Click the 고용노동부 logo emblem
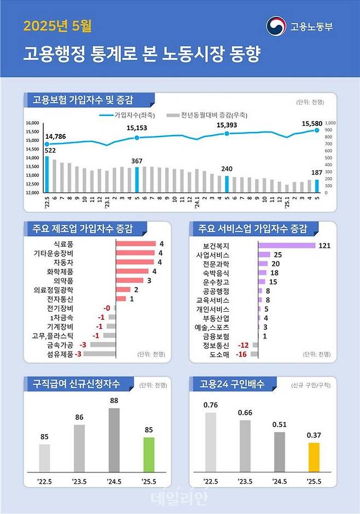276,26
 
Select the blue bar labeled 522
47,174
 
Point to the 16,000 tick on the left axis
33,123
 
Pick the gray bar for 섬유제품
99,354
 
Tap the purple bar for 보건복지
287,246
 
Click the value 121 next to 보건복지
324,246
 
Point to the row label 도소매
219,354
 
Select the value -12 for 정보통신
243,346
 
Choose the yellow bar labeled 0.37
313,457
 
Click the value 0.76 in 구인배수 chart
210,405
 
